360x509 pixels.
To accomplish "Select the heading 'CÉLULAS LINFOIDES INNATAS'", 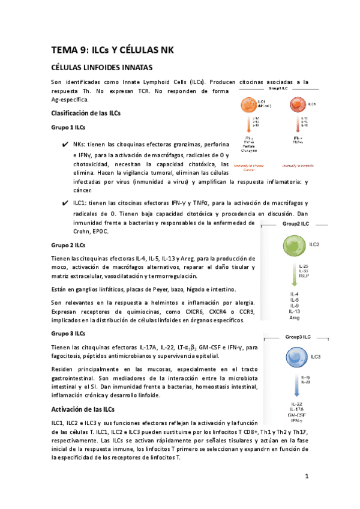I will point(102,67).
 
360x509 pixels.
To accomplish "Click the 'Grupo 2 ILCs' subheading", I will point(68,245).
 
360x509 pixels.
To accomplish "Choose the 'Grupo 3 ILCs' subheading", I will point(68,333).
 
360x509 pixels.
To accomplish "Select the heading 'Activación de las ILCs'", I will point(83,409).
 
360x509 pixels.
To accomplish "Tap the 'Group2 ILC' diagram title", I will point(298,223).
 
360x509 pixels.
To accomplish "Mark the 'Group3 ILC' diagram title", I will point(298,337).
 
